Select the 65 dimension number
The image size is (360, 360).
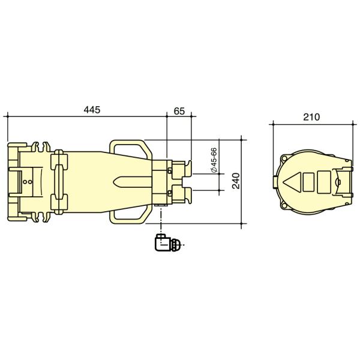179,110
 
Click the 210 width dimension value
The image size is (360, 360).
311,117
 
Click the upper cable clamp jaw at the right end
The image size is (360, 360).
182,167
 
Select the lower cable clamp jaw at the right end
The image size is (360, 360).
182,194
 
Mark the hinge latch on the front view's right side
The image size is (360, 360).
343,181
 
